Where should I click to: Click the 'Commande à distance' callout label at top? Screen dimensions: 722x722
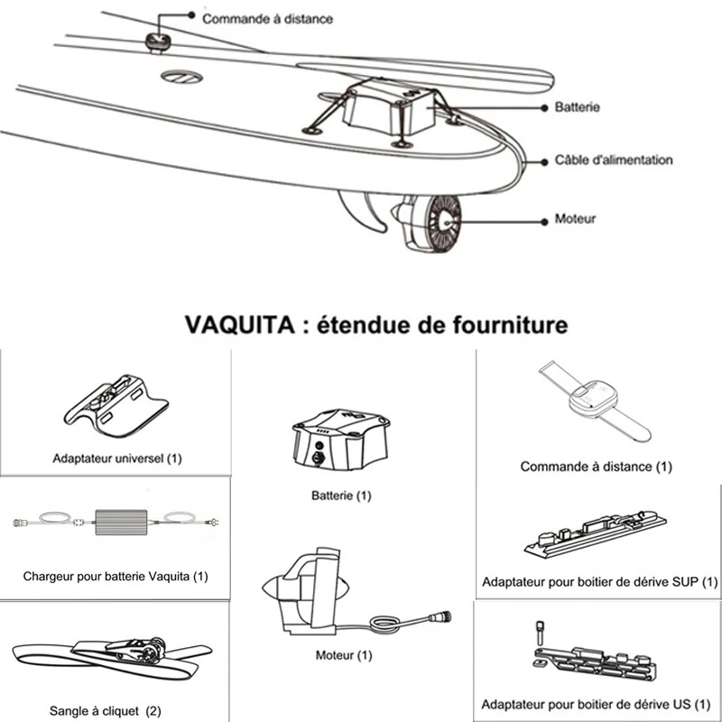pos(266,18)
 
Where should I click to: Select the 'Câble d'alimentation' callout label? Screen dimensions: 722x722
pos(614,161)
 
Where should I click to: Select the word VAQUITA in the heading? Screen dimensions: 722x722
pos(230,324)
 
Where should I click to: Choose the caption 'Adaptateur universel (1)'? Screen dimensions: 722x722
pos(116,458)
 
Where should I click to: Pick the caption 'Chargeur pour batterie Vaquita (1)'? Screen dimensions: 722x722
pos(115,576)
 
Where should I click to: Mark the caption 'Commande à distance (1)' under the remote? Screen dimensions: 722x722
pos(596,467)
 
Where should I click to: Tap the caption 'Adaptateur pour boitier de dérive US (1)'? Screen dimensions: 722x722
pos(596,704)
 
